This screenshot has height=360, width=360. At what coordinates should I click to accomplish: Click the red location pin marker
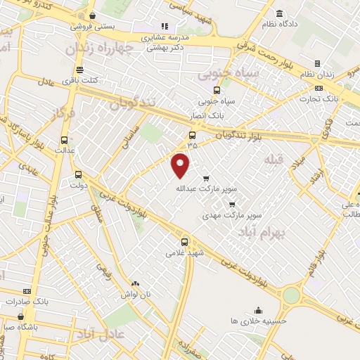pos(181,165)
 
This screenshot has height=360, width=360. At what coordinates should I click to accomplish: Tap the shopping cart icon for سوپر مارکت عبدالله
pos(206,178)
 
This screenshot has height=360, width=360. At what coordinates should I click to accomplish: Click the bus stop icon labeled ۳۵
pos(192,135)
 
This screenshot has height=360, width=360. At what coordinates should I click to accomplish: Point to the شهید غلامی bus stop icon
pos(185,243)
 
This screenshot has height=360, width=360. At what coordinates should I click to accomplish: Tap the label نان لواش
pos(135,294)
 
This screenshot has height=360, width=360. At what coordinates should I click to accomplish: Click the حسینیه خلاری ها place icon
pos(259,310)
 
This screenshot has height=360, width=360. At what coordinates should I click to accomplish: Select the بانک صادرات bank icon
pos(27,291)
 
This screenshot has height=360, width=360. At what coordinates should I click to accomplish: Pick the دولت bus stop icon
pos(77,175)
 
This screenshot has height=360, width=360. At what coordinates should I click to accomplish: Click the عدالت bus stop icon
pos(65,140)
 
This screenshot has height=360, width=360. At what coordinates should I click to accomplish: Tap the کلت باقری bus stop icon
pos(79,70)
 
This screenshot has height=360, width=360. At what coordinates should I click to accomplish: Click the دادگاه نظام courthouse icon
pos(280,14)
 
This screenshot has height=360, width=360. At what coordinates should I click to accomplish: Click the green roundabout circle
pos(290,296)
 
